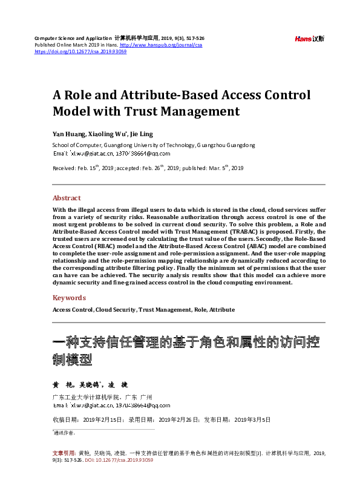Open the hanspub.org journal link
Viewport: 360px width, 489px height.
pyautogui.click(x=161, y=45)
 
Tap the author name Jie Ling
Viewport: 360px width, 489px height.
pyautogui.click(x=142, y=133)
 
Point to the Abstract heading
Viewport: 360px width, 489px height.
pyautogui.click(x=67, y=198)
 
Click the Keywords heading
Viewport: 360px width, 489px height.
pyautogui.click(x=69, y=298)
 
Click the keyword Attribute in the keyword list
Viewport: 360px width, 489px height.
pyautogui.click(x=222, y=309)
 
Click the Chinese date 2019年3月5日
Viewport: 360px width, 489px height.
pyautogui.click(x=252, y=419)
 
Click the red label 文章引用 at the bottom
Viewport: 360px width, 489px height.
pyautogui.click(x=62, y=453)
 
